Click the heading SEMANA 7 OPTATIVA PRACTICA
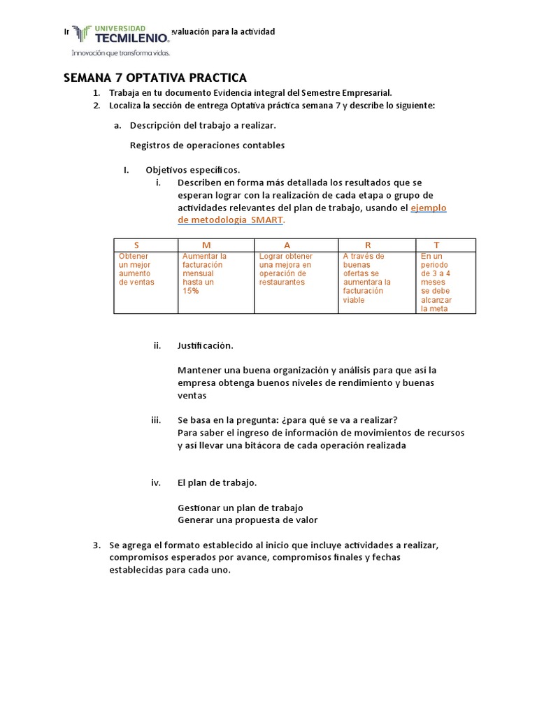155,78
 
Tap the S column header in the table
136,245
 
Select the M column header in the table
206,245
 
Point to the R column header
368,245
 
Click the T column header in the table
437,245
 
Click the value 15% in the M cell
191,291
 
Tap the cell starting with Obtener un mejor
136,269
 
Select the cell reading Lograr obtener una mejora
285,269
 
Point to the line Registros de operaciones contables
207,145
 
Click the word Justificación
206,345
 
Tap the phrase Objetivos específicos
192,169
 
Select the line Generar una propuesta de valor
248,520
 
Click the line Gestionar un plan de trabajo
240,508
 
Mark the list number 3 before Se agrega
97,545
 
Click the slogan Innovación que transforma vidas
119,52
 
